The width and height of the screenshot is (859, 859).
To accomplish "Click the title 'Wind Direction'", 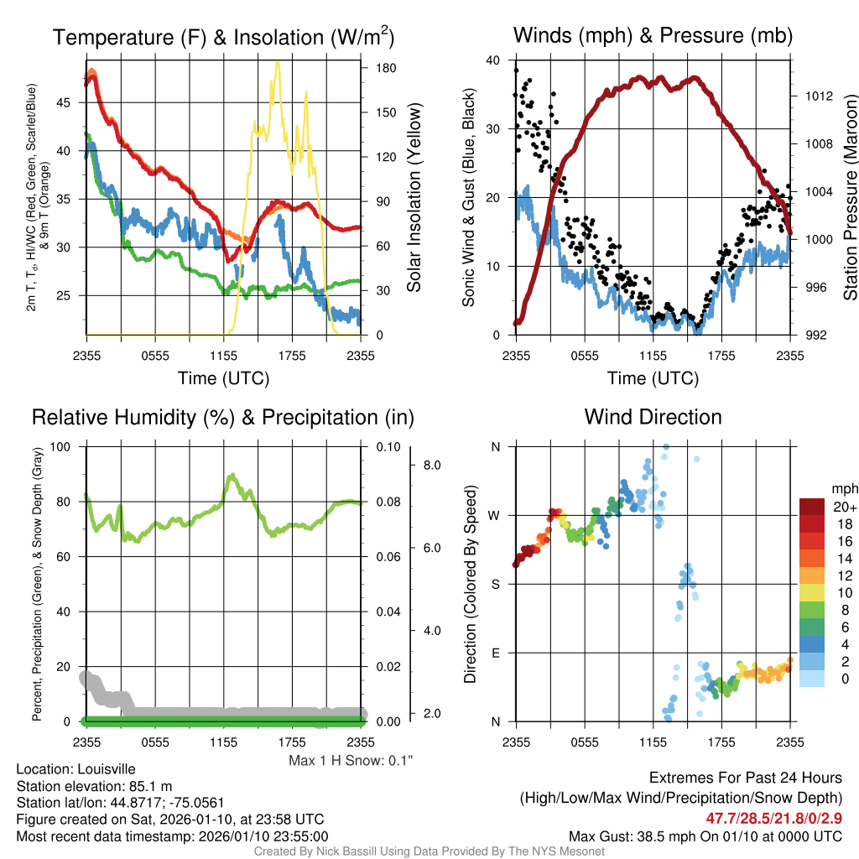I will click(653, 417).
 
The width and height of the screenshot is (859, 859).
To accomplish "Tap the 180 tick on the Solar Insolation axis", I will click(374, 67).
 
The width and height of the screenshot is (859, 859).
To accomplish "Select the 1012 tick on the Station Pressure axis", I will click(817, 96).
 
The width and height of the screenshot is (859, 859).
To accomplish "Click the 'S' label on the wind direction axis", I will click(496, 584).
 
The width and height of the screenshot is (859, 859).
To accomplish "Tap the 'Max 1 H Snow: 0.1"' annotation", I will click(351, 761).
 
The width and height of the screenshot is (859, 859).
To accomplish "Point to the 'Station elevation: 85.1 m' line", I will click(94, 786).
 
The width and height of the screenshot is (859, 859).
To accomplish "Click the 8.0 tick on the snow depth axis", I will click(431, 465).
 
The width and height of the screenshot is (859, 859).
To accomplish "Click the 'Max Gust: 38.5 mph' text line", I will click(705, 836).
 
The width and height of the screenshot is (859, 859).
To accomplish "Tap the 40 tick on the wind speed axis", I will click(495, 60).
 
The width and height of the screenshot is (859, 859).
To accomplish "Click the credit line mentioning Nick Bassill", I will click(429, 851).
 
